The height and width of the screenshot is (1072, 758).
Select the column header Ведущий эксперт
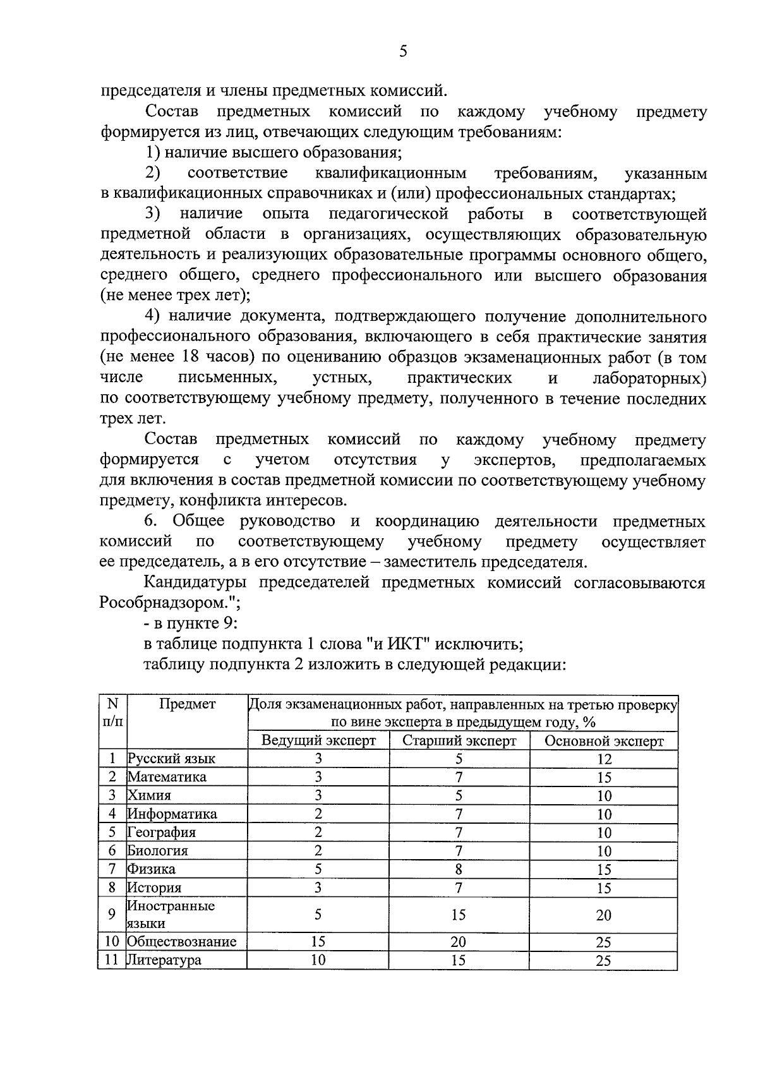coord(318,740)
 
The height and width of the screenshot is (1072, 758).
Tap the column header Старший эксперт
coord(459,740)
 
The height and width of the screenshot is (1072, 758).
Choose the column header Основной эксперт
coord(603,740)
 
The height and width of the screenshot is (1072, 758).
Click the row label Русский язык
coord(171,759)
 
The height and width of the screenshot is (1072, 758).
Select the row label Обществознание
coord(182,941)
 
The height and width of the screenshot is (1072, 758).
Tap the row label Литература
coord(164,960)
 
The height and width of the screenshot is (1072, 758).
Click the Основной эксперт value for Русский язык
coord(603,759)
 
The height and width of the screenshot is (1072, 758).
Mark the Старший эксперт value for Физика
coord(459,869)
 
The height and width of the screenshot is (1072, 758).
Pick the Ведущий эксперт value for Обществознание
coord(318,941)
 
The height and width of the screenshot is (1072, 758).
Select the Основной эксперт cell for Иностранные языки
coord(603,915)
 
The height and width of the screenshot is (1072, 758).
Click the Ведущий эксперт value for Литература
coord(318,960)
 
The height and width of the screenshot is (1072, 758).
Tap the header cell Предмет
coord(187,704)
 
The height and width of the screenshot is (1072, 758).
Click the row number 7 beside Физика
coord(112,869)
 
